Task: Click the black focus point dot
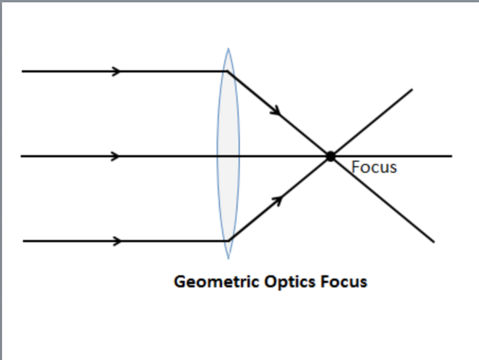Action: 331,156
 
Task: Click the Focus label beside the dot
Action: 374,167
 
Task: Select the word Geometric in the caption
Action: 217,281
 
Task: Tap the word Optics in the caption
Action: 290,282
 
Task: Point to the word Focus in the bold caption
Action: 344,281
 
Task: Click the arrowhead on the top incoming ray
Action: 116,72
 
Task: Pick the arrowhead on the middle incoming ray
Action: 116,156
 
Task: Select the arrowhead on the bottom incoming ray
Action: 116,241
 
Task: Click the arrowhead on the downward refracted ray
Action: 276,110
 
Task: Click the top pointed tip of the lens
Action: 228,48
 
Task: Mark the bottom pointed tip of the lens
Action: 228,259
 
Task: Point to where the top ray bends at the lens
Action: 227,71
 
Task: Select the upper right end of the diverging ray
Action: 412,90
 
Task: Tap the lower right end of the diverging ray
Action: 434,242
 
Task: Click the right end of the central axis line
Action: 452,156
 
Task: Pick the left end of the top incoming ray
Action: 22,72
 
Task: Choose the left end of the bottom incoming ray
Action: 23,241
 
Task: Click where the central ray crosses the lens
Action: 228,156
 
